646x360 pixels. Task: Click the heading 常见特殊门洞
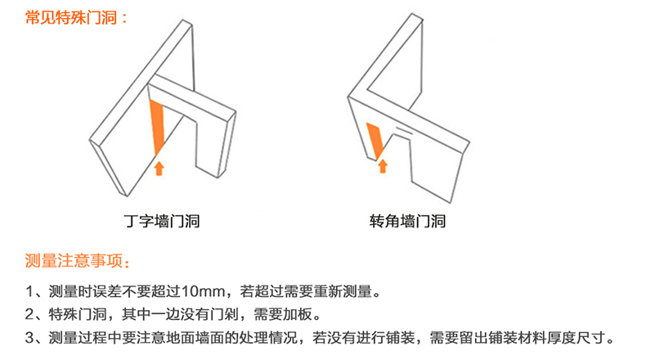point(71,18)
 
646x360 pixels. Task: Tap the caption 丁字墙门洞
point(162,222)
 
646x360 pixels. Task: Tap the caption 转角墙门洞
point(407,222)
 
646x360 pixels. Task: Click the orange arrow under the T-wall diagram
point(159,169)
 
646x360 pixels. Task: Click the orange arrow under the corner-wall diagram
point(383,166)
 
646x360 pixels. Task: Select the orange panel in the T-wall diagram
point(157,128)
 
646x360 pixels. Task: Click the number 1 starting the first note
point(29,291)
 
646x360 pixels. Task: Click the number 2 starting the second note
point(29,315)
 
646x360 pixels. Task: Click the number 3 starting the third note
point(29,338)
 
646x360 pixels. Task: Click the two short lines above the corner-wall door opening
point(404,130)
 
